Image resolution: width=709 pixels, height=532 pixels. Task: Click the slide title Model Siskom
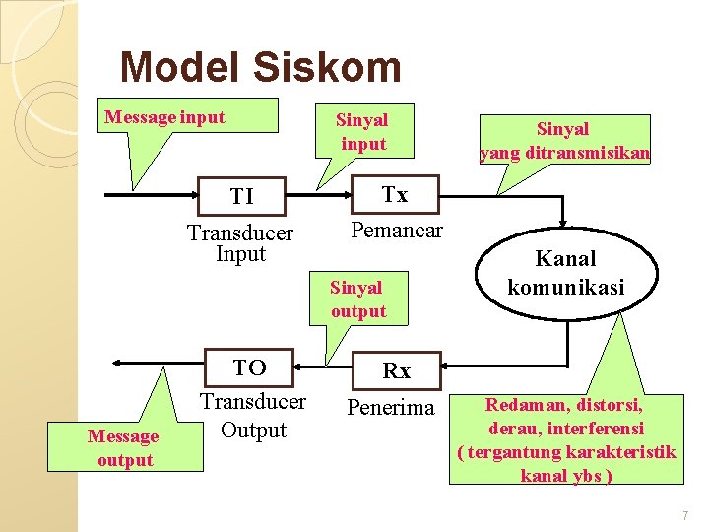tap(260, 68)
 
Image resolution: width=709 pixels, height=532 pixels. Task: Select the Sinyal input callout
tap(362, 132)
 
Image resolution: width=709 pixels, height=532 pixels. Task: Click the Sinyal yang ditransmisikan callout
tap(564, 140)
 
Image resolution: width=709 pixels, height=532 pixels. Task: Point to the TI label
tap(242, 197)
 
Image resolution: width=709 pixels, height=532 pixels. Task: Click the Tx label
tap(394, 195)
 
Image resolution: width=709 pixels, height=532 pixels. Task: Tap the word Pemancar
tap(397, 231)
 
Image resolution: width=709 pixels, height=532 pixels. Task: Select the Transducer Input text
tap(240, 243)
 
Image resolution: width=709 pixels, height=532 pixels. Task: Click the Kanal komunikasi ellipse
tap(566, 273)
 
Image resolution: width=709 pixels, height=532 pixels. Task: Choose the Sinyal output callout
tap(358, 299)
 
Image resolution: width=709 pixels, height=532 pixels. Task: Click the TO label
tap(249, 367)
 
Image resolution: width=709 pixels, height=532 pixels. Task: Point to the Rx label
tap(396, 371)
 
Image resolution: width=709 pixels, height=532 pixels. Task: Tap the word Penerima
tap(391, 407)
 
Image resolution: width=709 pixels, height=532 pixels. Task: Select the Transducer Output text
tap(253, 416)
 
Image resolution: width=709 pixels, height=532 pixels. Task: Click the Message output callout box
tap(125, 448)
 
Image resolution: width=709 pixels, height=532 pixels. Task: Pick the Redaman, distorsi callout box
tap(566, 439)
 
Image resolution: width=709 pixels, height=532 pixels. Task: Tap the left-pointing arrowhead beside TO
tap(117, 363)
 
